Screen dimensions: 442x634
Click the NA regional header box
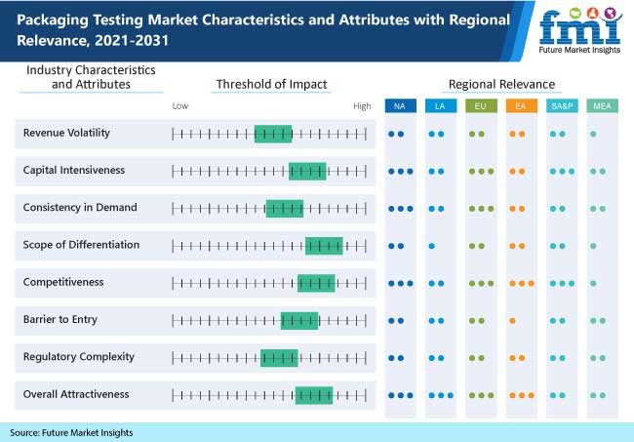400,105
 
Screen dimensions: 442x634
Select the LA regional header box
440,105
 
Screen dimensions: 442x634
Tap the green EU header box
480,105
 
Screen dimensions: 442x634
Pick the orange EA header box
520,105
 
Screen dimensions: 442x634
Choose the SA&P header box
560,105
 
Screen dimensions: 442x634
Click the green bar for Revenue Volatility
273,134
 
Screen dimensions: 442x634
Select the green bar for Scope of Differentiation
324,245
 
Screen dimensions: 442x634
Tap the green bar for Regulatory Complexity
279,357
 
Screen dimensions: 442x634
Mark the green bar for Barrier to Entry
299,320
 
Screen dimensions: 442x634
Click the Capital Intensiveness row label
74,170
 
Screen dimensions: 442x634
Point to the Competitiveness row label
65,282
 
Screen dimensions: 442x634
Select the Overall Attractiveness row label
76,394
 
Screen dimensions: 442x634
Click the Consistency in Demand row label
80,207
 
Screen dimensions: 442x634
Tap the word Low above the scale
180,104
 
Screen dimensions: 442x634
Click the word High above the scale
362,104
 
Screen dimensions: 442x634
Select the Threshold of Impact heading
271,84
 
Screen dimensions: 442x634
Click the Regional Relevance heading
501,84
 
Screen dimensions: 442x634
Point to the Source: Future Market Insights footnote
71,432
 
